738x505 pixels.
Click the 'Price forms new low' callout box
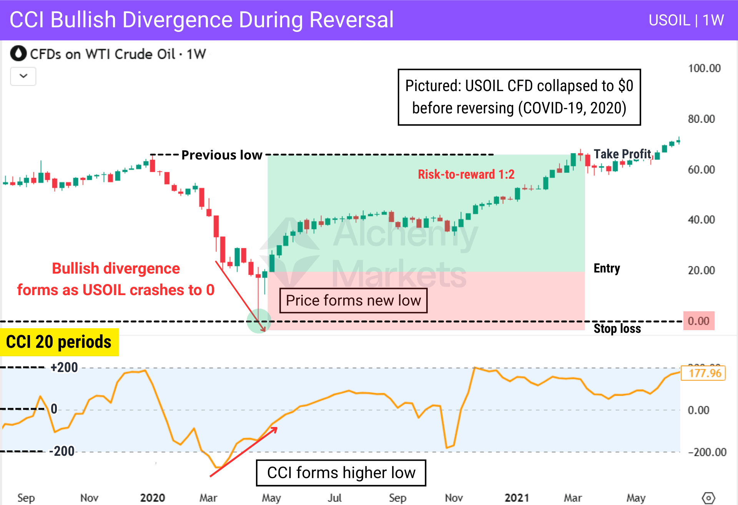point(353,301)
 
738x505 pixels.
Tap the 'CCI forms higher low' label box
point(341,473)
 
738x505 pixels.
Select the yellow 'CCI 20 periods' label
point(59,342)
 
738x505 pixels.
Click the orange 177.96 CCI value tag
point(703,373)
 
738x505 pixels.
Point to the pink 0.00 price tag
point(698,321)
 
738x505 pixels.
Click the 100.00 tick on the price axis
point(704,68)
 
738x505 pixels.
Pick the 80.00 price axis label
point(701,119)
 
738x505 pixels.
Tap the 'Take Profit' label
point(622,154)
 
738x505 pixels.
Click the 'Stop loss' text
point(617,329)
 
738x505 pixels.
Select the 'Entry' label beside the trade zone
point(607,268)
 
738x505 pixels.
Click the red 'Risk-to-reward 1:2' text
point(466,174)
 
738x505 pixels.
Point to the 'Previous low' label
point(222,155)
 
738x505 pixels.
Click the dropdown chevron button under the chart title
point(23,76)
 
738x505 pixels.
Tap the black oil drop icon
point(18,54)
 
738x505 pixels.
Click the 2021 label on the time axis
point(517,498)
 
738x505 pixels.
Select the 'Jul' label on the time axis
point(334,498)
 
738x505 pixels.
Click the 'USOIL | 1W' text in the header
point(686,20)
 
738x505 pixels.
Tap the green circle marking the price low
point(259,321)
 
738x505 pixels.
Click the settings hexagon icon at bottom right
point(708,498)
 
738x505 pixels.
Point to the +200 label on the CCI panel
point(64,367)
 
